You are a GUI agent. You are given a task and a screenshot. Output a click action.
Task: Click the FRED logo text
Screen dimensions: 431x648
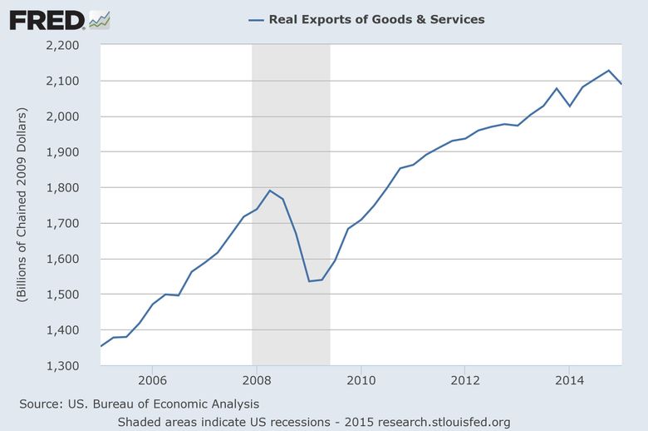point(47,19)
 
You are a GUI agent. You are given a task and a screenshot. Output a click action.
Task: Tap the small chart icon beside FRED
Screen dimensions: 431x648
point(99,19)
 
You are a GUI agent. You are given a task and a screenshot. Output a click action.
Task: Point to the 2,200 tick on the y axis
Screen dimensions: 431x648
point(71,45)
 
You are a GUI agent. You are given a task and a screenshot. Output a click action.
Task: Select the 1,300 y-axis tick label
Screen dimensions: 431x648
point(71,366)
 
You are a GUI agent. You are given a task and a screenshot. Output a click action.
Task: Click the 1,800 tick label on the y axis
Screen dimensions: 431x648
point(71,188)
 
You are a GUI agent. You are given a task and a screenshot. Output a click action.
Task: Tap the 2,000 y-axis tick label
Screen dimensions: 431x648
point(71,116)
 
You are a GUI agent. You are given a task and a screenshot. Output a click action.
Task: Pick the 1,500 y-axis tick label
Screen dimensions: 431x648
point(71,295)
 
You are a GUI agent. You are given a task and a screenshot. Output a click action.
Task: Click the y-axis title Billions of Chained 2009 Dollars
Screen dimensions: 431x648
point(22,206)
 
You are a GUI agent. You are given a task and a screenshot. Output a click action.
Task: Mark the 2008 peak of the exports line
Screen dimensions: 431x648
point(270,191)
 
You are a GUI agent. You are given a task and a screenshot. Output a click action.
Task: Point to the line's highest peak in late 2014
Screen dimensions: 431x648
point(609,71)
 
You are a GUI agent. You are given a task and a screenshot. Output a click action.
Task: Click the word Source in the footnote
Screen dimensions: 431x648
point(39,404)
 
